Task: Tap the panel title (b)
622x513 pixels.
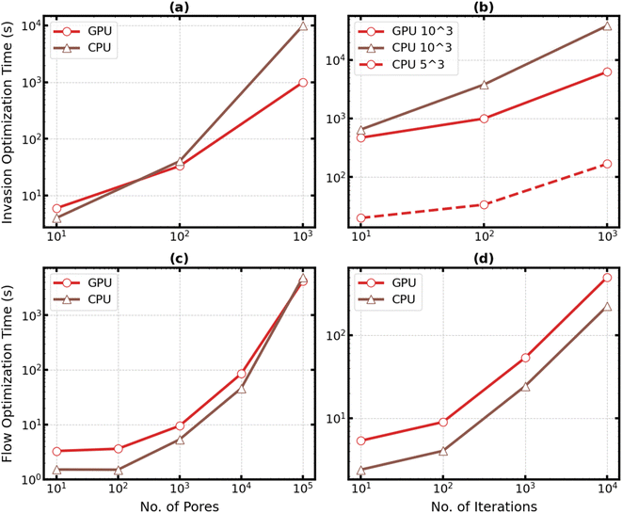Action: click(x=484, y=7)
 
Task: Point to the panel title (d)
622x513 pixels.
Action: click(x=484, y=259)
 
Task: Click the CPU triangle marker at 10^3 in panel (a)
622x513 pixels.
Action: click(x=302, y=25)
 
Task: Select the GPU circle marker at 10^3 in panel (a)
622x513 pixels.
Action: click(x=302, y=83)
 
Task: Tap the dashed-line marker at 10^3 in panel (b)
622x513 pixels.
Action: click(x=607, y=164)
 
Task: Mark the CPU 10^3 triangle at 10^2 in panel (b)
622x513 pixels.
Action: click(x=484, y=85)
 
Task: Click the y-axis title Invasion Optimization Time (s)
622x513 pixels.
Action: click(x=8, y=123)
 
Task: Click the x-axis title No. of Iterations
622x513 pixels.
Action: click(x=484, y=505)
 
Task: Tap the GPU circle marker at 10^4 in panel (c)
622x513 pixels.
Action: click(x=241, y=374)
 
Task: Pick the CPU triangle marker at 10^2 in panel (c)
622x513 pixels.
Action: click(x=118, y=470)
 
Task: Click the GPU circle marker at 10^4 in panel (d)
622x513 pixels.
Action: click(x=607, y=278)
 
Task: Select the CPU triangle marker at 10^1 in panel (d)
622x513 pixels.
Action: click(x=360, y=470)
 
